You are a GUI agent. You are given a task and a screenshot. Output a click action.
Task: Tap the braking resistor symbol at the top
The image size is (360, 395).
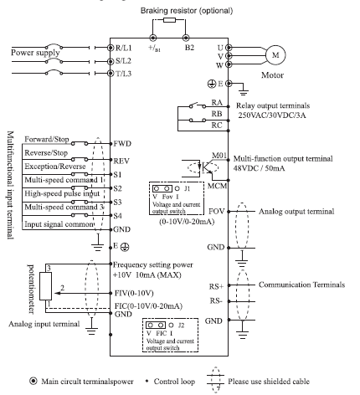coord(169,20)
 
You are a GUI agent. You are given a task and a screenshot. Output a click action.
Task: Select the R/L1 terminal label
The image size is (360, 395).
coord(123,48)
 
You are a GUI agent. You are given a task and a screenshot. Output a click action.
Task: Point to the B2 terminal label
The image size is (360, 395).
coord(189,48)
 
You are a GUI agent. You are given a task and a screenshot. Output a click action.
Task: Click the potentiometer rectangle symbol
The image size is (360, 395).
coord(45,286)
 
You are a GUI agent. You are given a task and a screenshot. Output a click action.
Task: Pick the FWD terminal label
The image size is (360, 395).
coord(122,144)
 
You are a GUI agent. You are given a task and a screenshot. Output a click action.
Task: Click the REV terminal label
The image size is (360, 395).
coord(121,161)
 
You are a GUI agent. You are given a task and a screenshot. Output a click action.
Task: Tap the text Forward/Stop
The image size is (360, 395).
coord(47,139)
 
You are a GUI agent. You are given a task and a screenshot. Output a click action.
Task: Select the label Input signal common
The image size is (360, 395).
coord(59,224)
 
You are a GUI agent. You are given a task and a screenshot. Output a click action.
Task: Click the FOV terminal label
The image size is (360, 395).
coord(217,211)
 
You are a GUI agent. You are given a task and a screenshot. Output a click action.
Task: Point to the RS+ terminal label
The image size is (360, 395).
coord(217,286)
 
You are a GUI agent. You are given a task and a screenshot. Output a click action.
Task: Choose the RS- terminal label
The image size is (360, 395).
coord(216,300)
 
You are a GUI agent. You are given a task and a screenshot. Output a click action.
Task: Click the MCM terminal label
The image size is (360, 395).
coord(217,186)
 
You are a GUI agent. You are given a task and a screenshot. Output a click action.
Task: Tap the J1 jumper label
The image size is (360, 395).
coord(187,189)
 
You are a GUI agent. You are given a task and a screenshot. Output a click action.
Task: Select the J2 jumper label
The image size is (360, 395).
coord(181,326)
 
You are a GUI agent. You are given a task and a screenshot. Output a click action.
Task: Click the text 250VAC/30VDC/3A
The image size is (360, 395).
coord(272,115)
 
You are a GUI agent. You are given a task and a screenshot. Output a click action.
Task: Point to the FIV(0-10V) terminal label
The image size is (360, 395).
coord(134,293)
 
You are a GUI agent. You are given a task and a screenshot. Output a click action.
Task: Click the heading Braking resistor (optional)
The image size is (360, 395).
coord(187,11)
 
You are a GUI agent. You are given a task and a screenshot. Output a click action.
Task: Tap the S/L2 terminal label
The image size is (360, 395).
coord(123,61)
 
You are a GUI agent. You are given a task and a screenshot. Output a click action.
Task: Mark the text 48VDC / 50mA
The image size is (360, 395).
coord(260,168)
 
